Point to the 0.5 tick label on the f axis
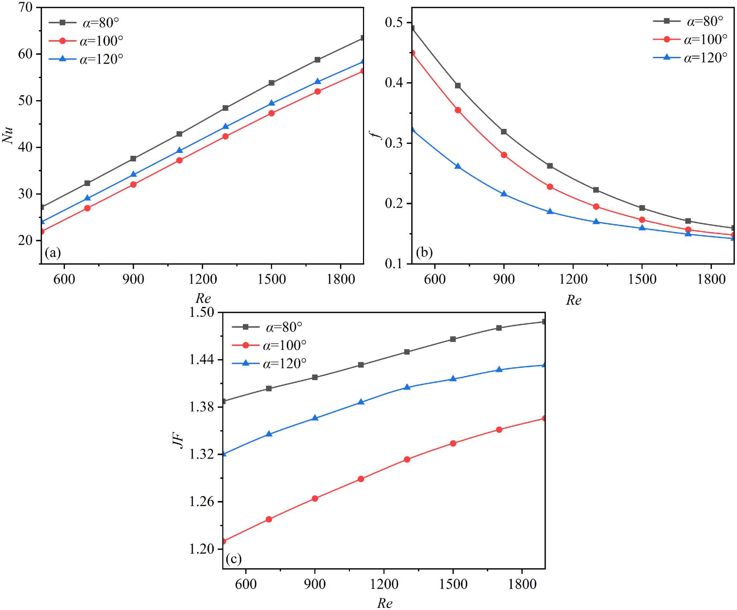pos(394,22)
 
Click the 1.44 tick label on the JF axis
pos(202,360)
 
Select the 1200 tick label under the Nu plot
pos(202,279)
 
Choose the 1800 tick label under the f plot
pos(711,279)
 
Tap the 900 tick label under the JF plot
pos(315,584)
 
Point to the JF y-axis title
pos(178,441)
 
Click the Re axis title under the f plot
pos(573,300)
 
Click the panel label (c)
pos(234,559)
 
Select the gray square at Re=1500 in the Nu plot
pos(272,83)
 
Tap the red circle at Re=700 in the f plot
pos(458,110)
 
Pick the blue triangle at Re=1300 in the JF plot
pos(407,387)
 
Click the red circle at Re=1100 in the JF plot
pos(361,479)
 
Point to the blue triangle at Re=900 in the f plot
pos(504,194)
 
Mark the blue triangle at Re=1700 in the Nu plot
pos(318,81)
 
